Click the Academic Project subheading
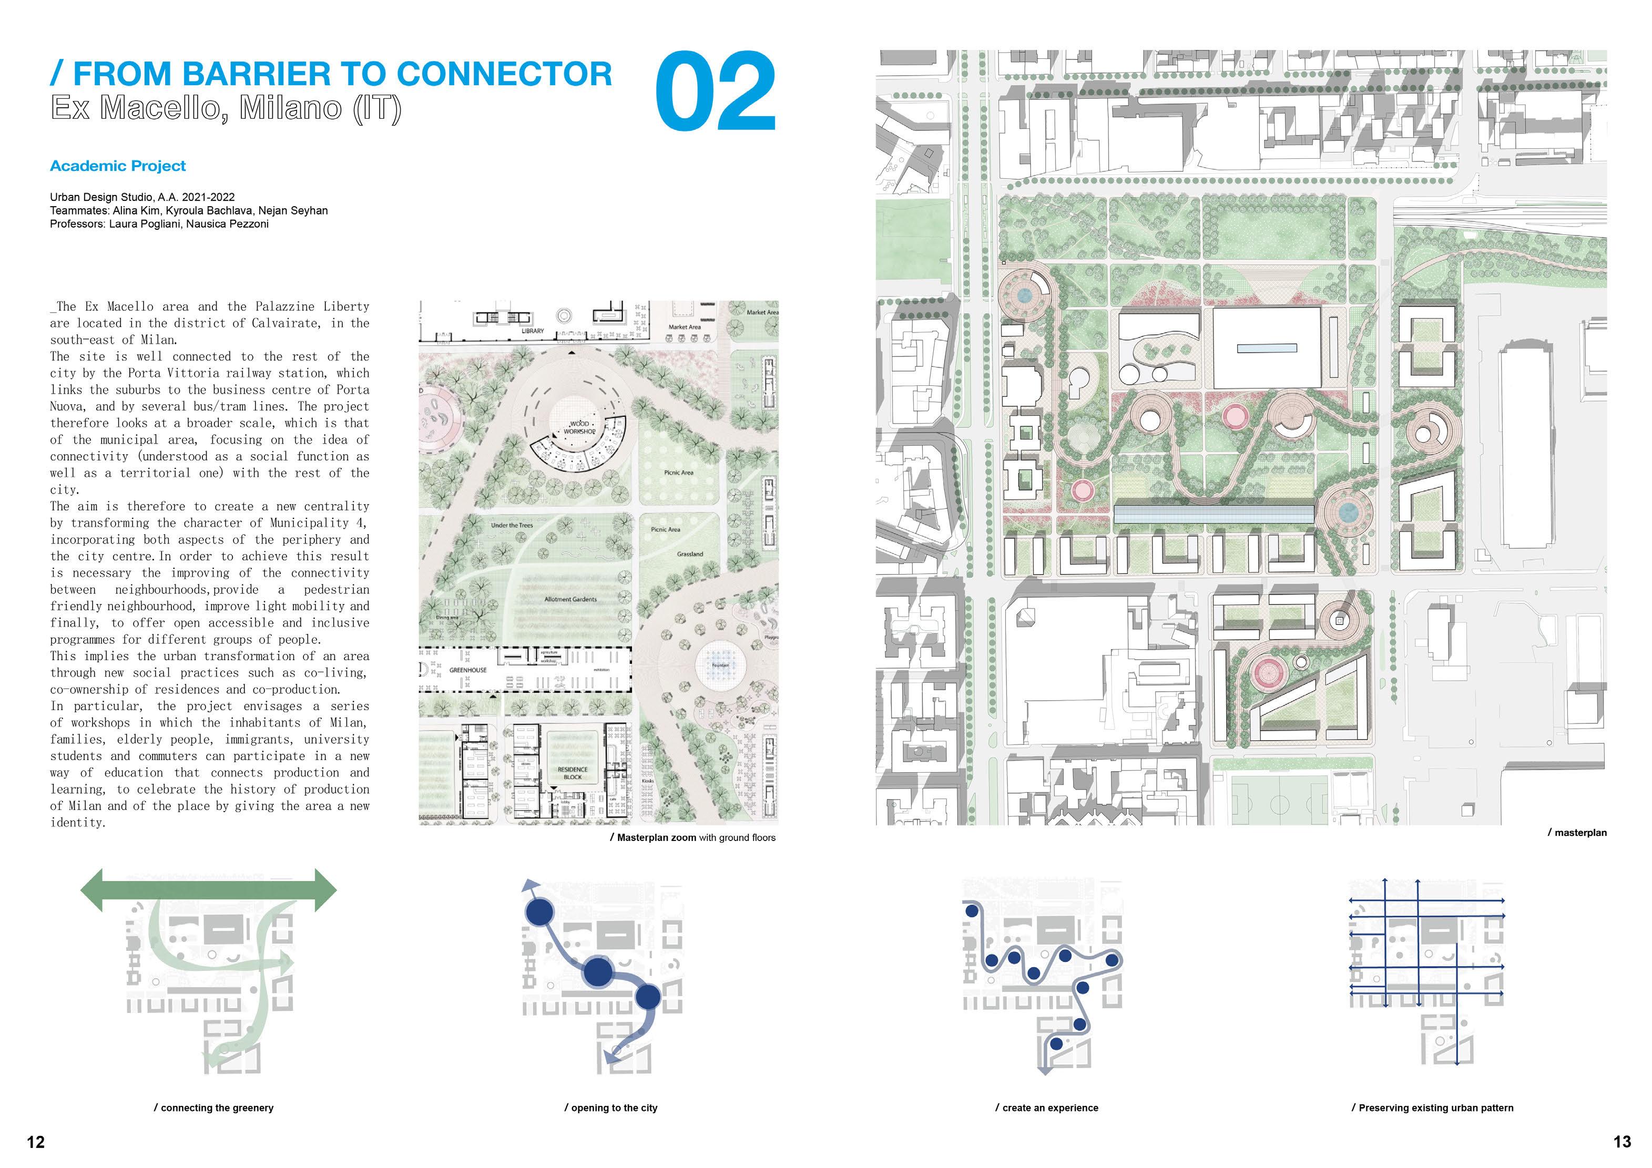point(118,166)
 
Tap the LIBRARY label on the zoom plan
point(533,331)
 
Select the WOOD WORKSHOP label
point(580,428)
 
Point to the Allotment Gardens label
point(570,599)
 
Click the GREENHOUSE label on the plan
point(468,670)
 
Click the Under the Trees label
point(512,525)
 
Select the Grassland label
point(689,555)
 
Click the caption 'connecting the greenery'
point(213,1108)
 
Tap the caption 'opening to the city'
point(611,1108)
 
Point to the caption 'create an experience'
point(1047,1108)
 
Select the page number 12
point(35,1142)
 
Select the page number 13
point(1623,1142)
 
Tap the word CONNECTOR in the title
point(504,74)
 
